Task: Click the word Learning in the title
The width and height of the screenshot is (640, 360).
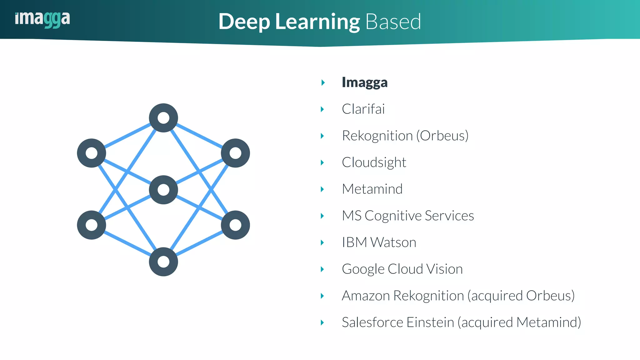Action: pyautogui.click(x=317, y=22)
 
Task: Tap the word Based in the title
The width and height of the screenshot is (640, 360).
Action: pyautogui.click(x=393, y=22)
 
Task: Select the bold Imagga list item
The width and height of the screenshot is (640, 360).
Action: pyautogui.click(x=364, y=82)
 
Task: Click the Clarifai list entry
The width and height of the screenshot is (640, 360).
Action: pyautogui.click(x=363, y=109)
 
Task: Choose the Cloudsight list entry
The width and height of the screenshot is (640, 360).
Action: pyautogui.click(x=374, y=162)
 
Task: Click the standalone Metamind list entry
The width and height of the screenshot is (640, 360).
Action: pyautogui.click(x=372, y=189)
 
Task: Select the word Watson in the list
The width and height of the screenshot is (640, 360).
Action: pyautogui.click(x=393, y=242)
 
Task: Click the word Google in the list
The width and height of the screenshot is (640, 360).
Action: pyautogui.click(x=363, y=269)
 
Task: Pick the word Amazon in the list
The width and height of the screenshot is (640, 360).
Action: pyautogui.click(x=366, y=296)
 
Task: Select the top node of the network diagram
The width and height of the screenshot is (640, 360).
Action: pyautogui.click(x=163, y=118)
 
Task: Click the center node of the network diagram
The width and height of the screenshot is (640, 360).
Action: pyautogui.click(x=163, y=190)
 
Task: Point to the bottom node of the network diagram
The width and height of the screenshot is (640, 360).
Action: pyautogui.click(x=163, y=262)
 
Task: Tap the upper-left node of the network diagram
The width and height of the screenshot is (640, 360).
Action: pyautogui.click(x=92, y=153)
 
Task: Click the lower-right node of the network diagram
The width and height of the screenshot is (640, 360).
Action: pyautogui.click(x=235, y=225)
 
